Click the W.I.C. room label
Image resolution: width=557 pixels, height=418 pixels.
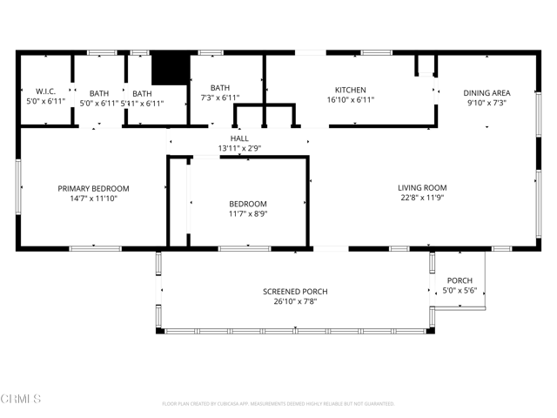coord(45,92)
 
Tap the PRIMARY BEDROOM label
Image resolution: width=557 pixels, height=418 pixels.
coord(93,188)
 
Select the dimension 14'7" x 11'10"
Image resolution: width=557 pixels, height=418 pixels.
coord(93,199)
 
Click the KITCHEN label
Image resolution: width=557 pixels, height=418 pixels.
coord(351,90)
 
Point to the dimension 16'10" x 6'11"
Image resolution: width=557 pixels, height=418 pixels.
coord(351,100)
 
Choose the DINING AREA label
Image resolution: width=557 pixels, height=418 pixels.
coord(487,92)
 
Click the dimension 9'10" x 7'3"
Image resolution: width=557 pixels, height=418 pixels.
coord(487,103)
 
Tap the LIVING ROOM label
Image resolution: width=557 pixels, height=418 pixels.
coord(422,187)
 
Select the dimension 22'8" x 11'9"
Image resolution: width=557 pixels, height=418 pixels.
coord(422,198)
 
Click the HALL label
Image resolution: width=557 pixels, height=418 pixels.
coord(239,138)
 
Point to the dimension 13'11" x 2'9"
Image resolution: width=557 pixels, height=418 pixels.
coord(239,149)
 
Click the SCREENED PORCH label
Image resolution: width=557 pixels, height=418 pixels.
coord(296,291)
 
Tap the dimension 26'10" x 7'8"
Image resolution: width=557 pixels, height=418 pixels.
coord(296,301)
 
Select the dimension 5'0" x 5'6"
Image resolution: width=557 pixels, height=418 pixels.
coord(460,291)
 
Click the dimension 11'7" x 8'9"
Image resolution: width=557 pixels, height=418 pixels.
coord(247,214)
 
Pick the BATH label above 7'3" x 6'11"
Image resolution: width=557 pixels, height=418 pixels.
coord(220,88)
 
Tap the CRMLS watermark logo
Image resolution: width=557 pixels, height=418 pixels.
coord(21,399)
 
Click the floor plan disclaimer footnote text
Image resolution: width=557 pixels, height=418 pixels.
coord(278,404)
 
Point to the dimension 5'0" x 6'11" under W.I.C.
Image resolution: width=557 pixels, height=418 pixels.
coord(45,103)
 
